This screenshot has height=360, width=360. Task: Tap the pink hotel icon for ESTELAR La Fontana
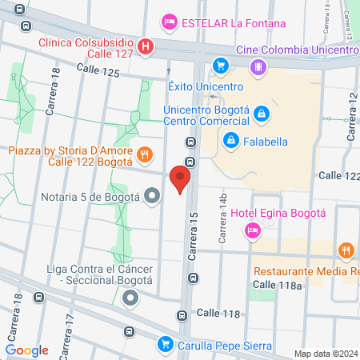[169, 22]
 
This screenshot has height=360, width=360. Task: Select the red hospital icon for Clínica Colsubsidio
[145, 46]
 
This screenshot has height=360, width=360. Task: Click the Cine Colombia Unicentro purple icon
[257, 67]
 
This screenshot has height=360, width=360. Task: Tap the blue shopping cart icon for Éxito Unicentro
[219, 66]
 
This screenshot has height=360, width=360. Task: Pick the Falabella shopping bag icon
[230, 142]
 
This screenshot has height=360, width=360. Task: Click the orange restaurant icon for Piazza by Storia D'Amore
[145, 154]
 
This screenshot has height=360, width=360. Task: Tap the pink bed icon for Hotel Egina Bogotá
[252, 230]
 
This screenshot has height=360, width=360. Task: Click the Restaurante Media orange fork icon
[346, 251]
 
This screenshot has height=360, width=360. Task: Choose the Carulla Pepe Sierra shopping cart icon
[166, 344]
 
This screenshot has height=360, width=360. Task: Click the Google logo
[27, 350]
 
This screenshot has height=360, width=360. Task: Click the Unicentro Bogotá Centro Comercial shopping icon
[261, 116]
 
